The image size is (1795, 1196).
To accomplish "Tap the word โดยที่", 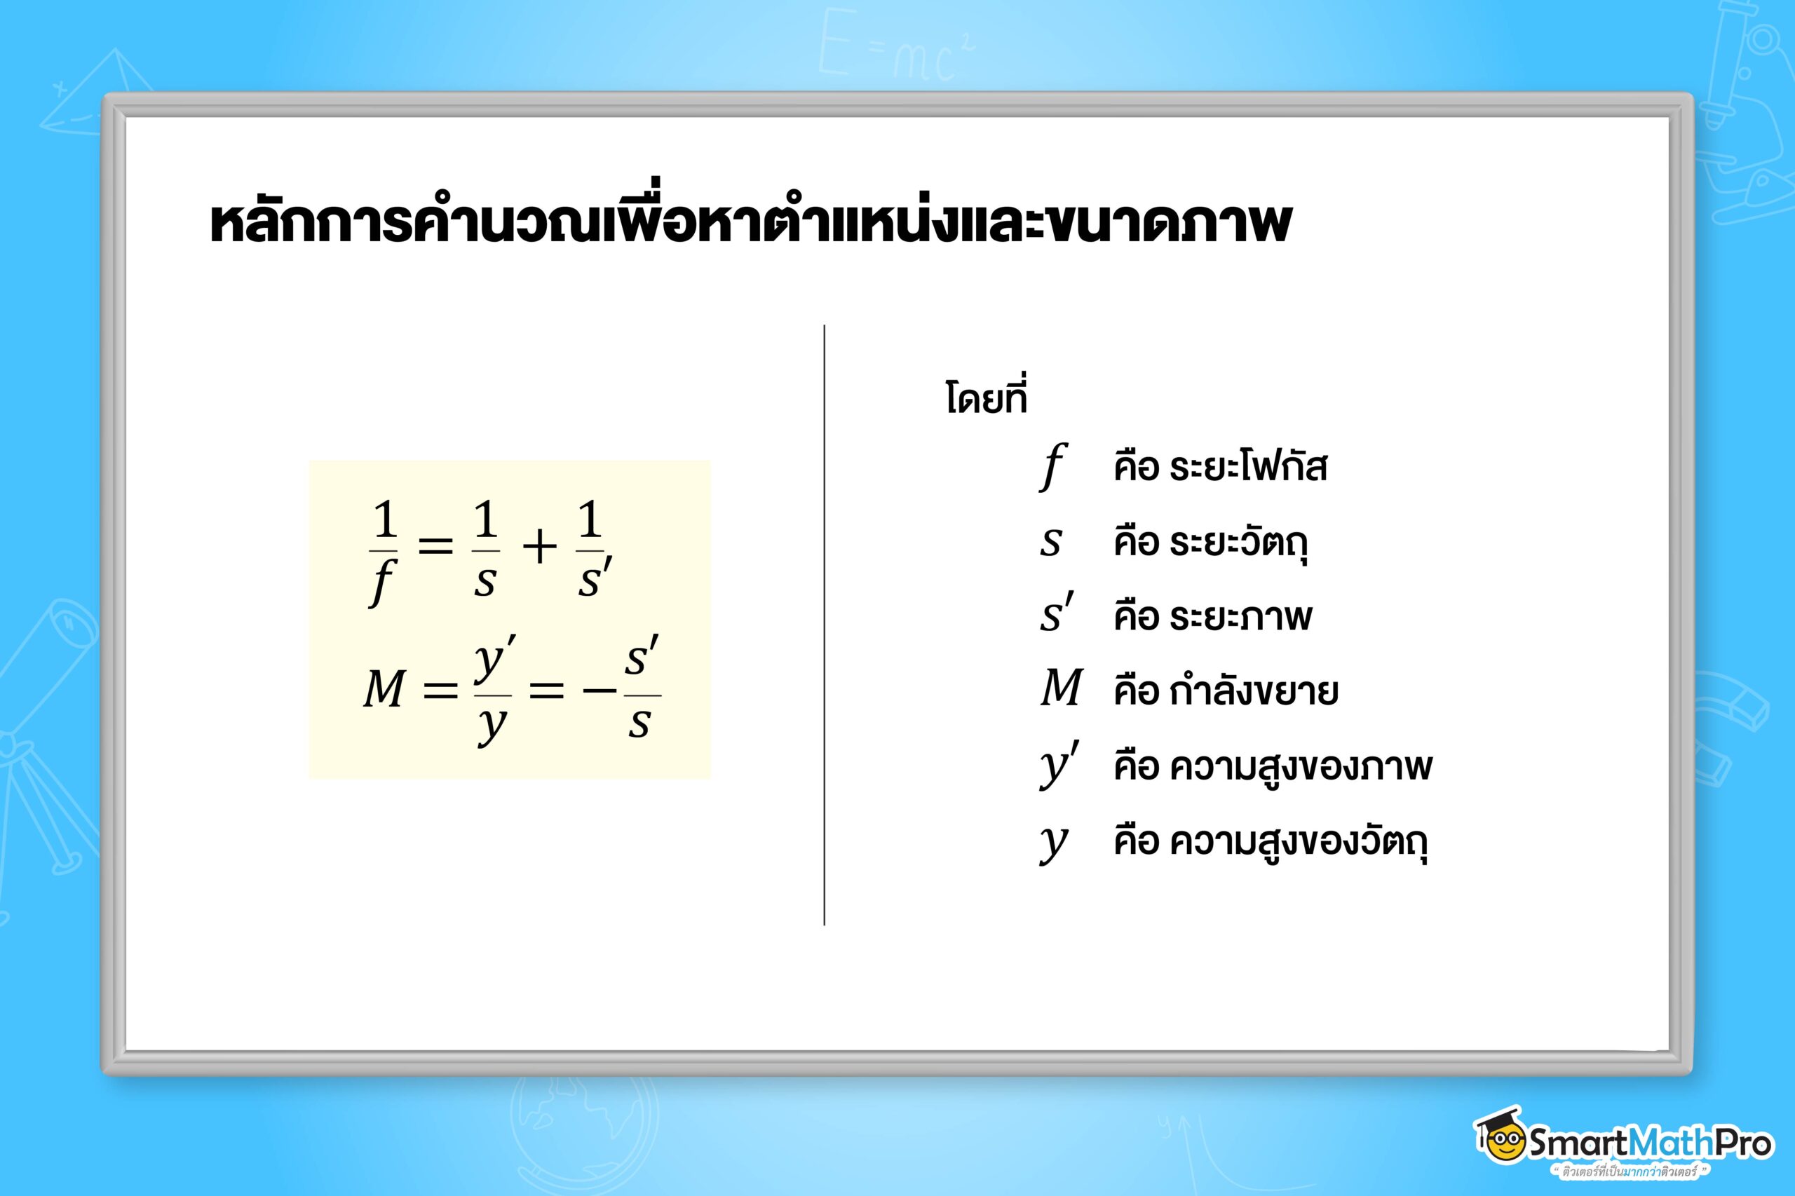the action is [x=987, y=395].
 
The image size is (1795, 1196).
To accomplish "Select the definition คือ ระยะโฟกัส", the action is [x=1221, y=466].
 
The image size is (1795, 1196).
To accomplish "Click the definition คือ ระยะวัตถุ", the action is [x=1211, y=543].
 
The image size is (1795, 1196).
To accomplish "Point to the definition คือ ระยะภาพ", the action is [x=1213, y=616].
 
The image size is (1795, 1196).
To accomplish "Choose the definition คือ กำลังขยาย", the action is [x=1226, y=691].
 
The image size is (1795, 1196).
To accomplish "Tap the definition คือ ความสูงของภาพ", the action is [x=1273, y=766].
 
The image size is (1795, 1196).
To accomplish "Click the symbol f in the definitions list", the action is [x=1052, y=467].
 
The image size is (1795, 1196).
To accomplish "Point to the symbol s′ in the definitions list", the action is [x=1057, y=615].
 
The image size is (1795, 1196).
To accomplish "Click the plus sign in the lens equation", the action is [x=539, y=548].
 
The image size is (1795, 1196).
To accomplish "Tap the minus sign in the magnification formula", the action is [x=599, y=692].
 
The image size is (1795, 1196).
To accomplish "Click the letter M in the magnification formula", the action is [x=384, y=690].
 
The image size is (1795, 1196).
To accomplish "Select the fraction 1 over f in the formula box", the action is [x=383, y=551].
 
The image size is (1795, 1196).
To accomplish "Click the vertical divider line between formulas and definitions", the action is [x=825, y=625].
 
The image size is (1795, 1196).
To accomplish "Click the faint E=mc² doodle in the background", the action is [x=896, y=46].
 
